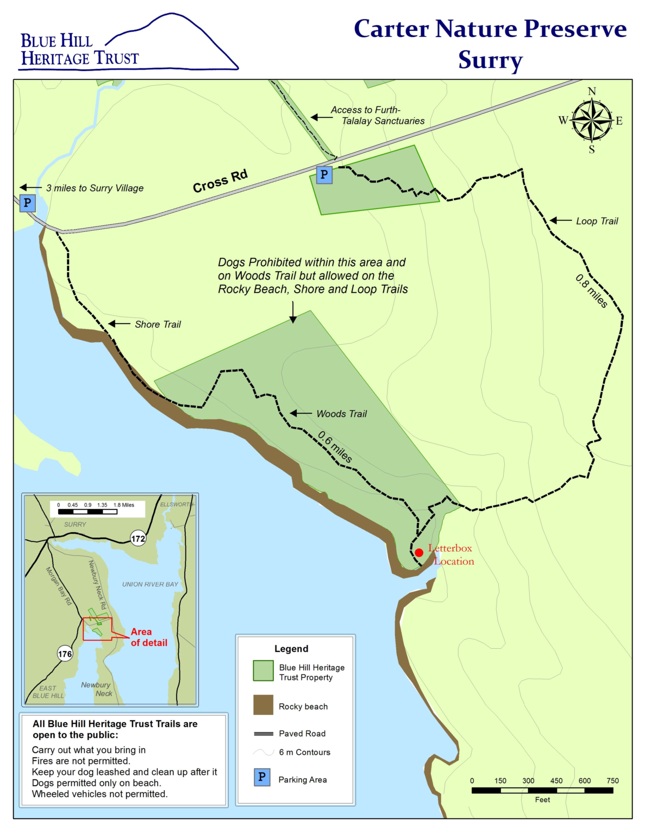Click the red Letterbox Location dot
pos(419,553)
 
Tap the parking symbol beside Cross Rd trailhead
pos(324,175)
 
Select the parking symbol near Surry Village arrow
pos(28,203)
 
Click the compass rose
pos(591,121)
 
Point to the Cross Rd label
pos(220,181)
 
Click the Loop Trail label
pos(597,221)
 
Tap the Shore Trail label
pos(158,324)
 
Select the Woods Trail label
pos(341,414)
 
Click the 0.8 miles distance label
pos(591,292)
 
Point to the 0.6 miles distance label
pos(335,447)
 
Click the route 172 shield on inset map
pos(138,539)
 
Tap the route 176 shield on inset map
pos(65,654)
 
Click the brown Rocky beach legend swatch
pos(263,705)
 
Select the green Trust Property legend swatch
pos(263,671)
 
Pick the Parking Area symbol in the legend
pos(262,777)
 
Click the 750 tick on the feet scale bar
pos(612,781)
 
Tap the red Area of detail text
pos(148,637)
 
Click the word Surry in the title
pos(490,60)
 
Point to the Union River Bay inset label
pos(150,584)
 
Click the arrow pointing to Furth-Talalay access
pos(321,117)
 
